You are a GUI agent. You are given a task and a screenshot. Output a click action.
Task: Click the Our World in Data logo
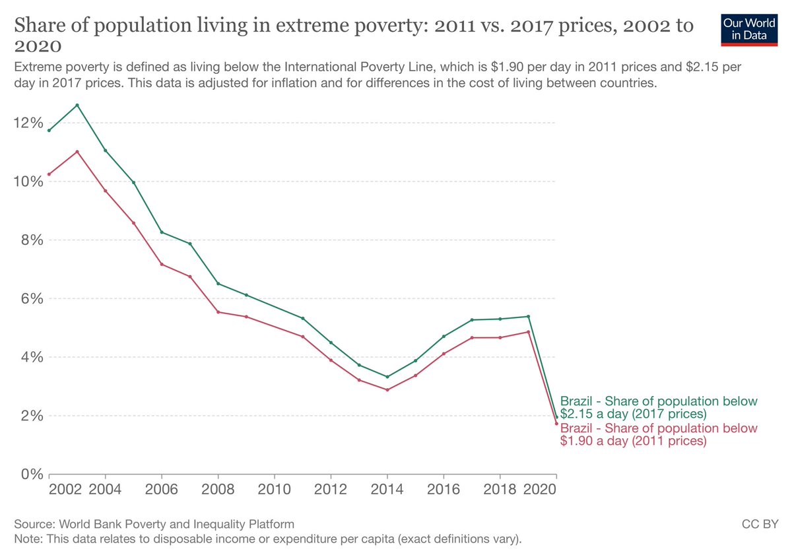(749, 30)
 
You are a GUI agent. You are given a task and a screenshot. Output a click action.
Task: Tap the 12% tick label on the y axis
(28, 123)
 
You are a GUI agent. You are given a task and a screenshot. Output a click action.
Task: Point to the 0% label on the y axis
(32, 474)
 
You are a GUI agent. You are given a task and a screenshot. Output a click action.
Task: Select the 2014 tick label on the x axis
(387, 489)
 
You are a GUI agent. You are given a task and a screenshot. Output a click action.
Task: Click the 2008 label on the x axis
(218, 489)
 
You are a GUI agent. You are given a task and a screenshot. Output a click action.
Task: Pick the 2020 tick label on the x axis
(540, 489)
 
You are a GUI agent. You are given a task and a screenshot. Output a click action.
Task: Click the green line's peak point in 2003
(77, 105)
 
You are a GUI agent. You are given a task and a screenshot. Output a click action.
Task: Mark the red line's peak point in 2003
(77, 152)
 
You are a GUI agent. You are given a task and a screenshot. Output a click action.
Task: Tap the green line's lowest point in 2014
(387, 377)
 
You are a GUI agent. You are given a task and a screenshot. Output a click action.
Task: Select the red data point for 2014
(387, 390)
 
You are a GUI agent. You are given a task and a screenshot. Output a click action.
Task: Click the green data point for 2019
(528, 316)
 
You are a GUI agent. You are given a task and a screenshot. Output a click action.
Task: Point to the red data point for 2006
(162, 265)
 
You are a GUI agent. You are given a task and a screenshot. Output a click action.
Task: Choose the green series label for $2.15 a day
(659, 407)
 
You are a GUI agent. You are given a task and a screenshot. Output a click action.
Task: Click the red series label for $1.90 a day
(659, 434)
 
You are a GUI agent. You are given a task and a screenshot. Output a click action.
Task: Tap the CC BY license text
(760, 524)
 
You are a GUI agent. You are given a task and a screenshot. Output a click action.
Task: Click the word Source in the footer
(34, 524)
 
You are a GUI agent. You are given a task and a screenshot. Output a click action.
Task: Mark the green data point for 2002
(49, 131)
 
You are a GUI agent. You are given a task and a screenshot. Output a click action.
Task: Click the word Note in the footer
(28, 539)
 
